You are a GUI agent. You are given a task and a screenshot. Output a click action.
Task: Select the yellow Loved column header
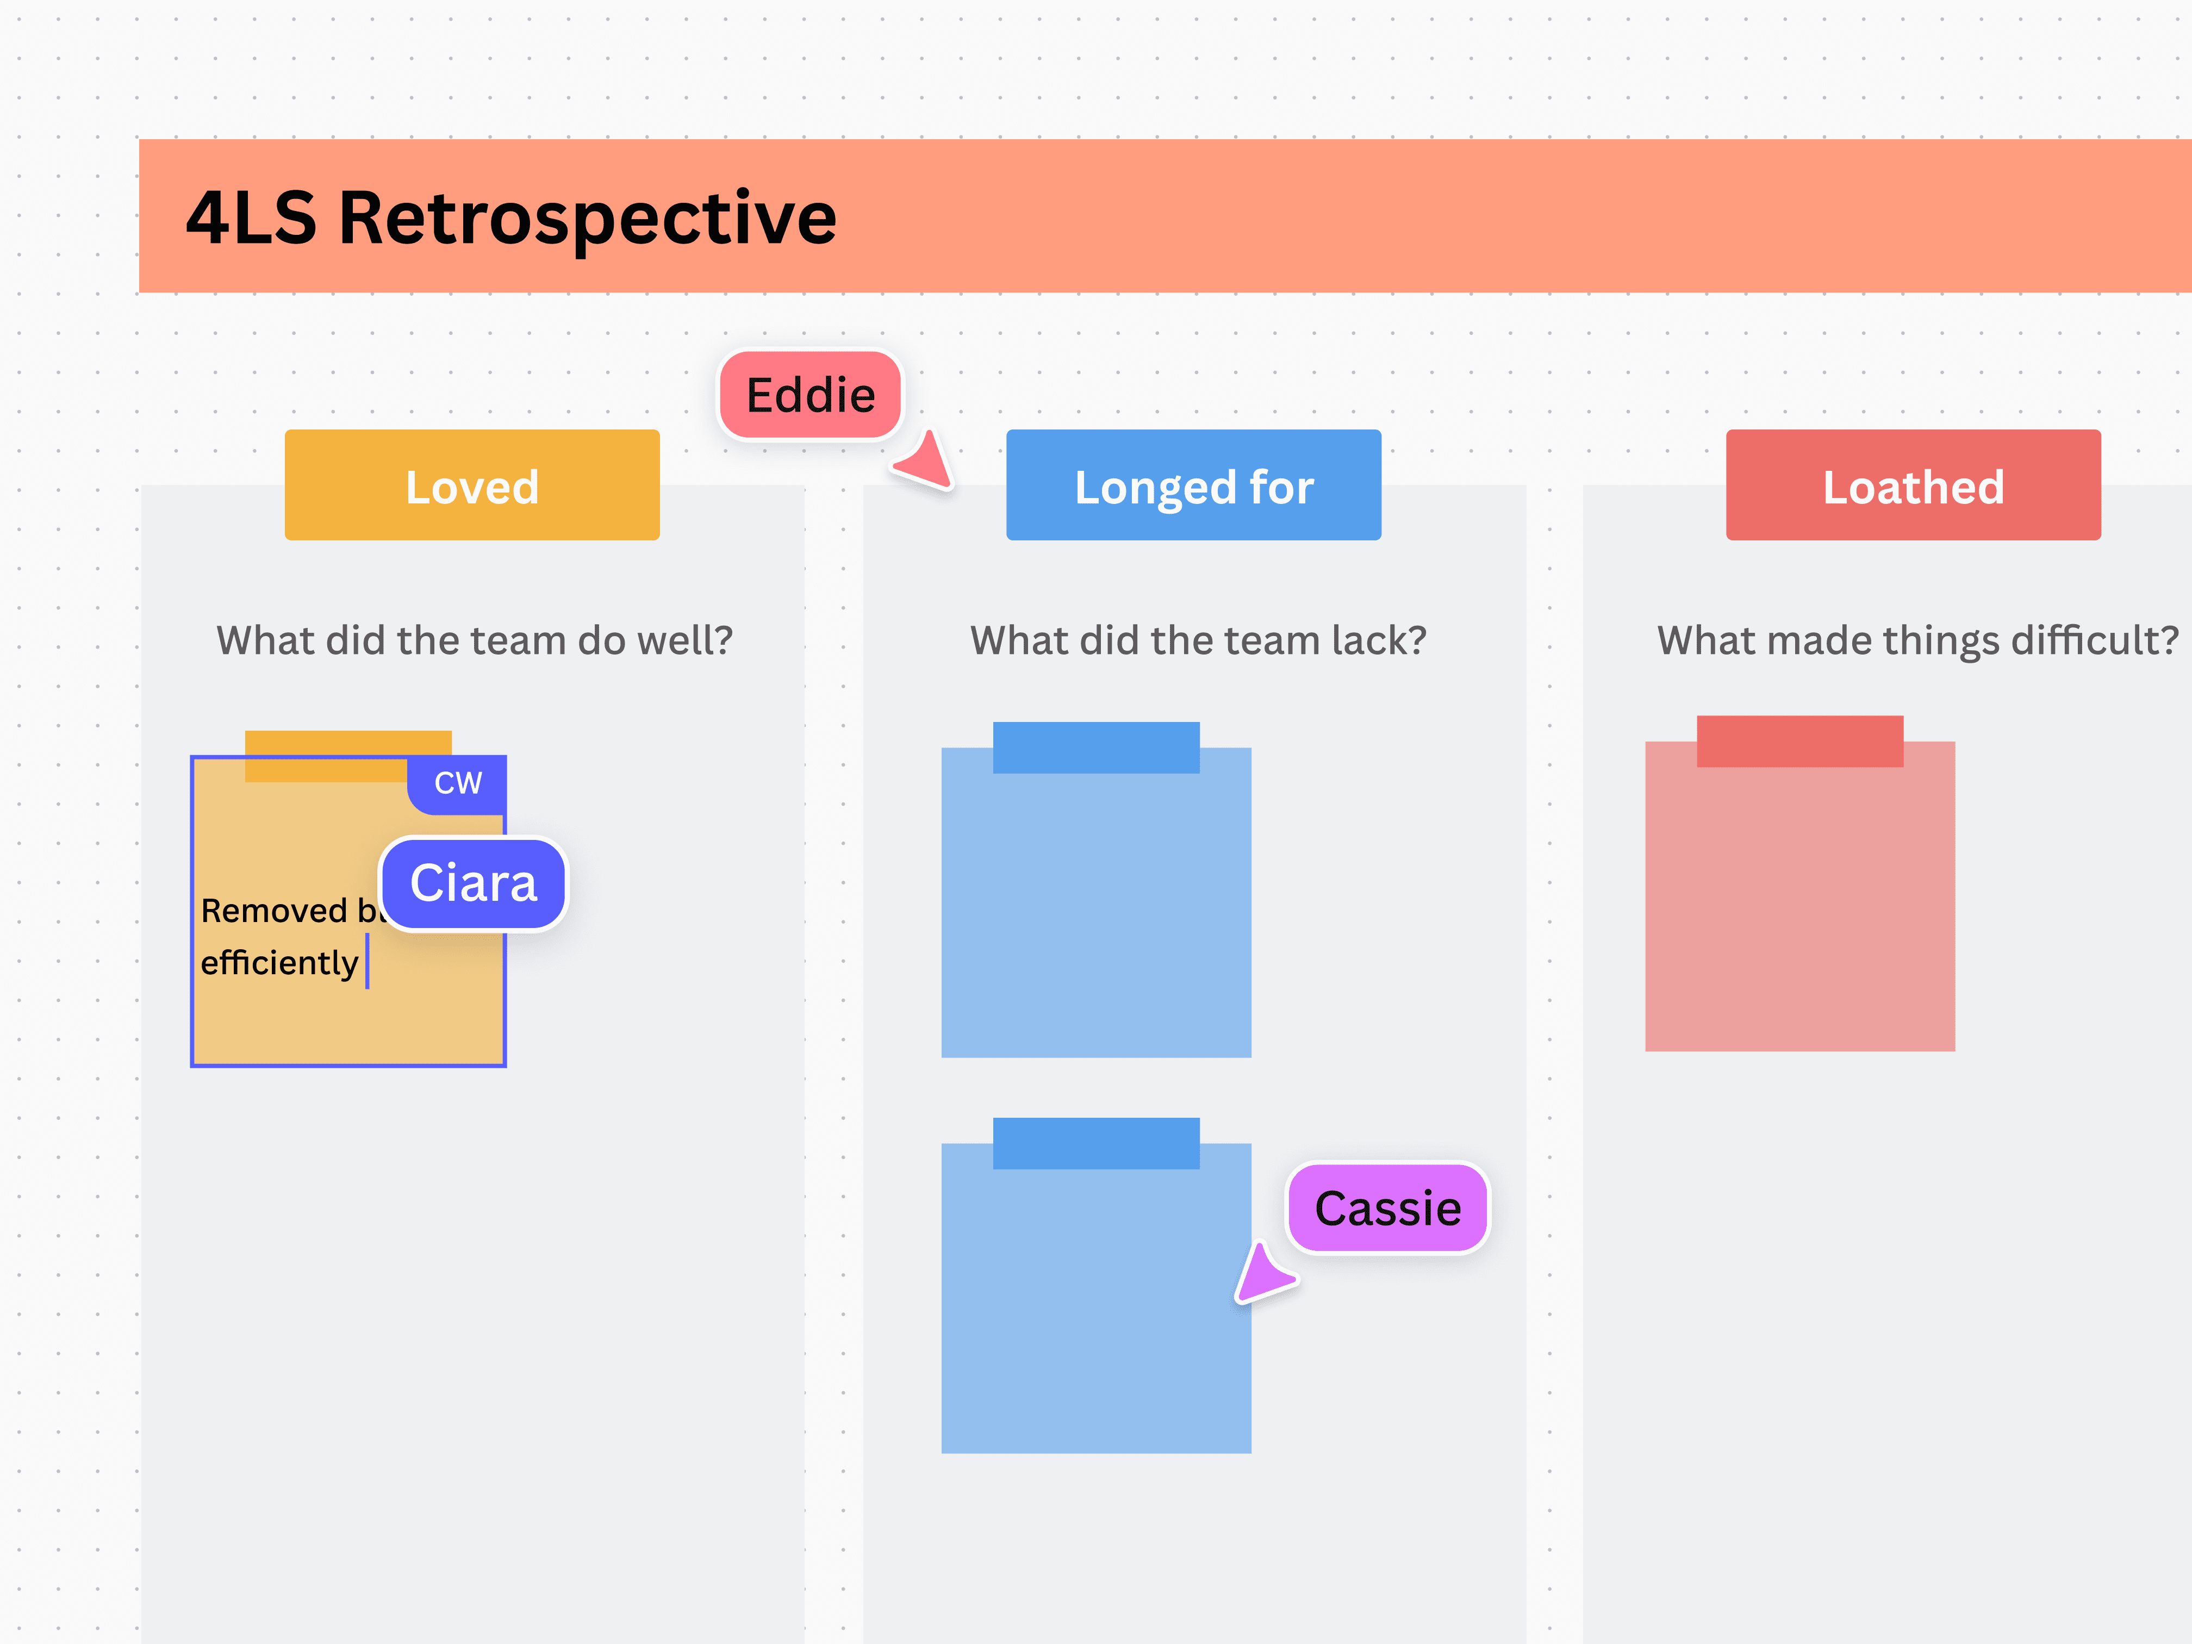pos(472,485)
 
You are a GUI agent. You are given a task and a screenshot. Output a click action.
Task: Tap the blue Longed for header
pos(1193,485)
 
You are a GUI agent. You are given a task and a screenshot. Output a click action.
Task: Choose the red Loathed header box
pos(1913,485)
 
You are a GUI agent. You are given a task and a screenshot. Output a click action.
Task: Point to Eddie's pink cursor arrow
pos(926,462)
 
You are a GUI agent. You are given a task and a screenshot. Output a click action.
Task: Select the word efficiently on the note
pos(278,962)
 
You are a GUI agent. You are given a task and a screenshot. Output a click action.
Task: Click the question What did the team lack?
pos(1197,640)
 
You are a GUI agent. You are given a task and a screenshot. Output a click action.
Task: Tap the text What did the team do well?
pos(475,640)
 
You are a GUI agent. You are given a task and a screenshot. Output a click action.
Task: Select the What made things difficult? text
pos(1916,640)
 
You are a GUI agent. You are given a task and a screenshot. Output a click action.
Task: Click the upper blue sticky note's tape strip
pos(1096,747)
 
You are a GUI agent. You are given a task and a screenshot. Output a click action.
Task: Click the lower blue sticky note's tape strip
pos(1096,1143)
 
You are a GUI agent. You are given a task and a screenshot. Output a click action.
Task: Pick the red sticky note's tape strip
pos(1799,740)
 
